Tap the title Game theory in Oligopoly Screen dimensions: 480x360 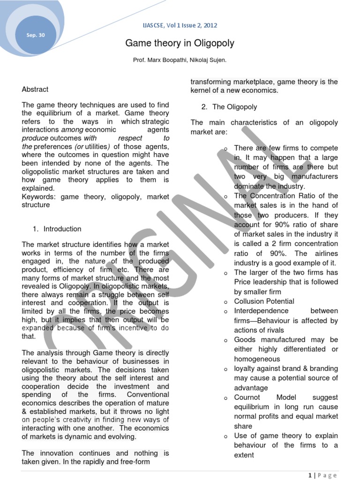coord(180,44)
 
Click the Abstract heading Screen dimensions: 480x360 coord(35,89)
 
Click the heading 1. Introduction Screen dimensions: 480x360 coord(57,229)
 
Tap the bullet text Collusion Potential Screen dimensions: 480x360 coord(264,301)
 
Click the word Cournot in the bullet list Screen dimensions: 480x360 coord(247,397)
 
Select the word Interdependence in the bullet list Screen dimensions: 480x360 coord(261,311)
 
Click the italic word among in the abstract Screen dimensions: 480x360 coord(71,129)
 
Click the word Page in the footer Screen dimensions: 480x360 coord(327,475)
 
